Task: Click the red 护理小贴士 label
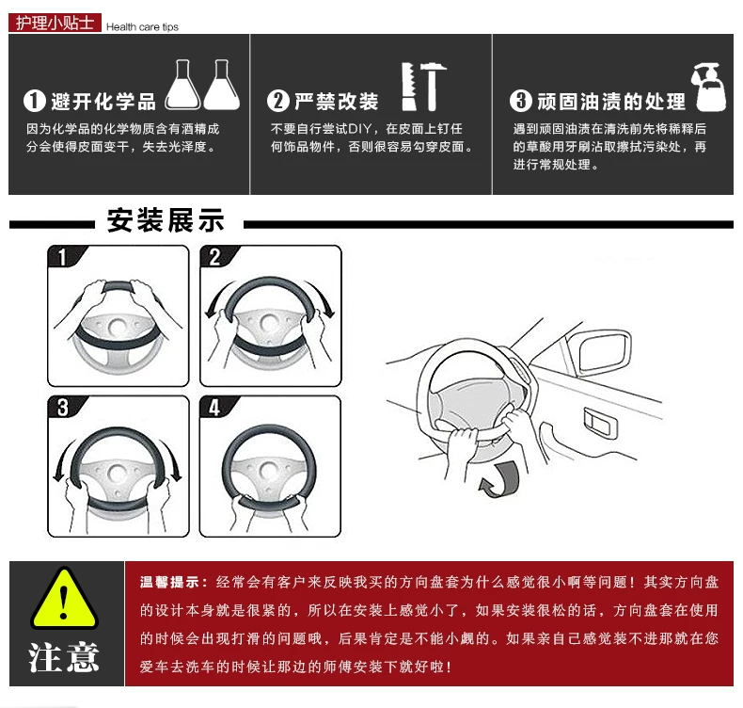[x=55, y=23]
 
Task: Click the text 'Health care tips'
[x=142, y=27]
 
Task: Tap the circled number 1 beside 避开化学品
[x=34, y=101]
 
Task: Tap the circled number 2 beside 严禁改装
[x=278, y=101]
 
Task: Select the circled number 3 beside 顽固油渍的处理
[x=521, y=101]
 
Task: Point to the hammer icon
[x=432, y=87]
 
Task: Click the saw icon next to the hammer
[x=408, y=87]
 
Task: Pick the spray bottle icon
[x=709, y=88]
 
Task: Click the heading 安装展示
[x=166, y=220]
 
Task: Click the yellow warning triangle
[x=65, y=599]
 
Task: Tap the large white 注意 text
[x=64, y=658]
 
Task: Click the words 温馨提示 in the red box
[x=169, y=583]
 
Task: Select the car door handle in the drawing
[x=600, y=422]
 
